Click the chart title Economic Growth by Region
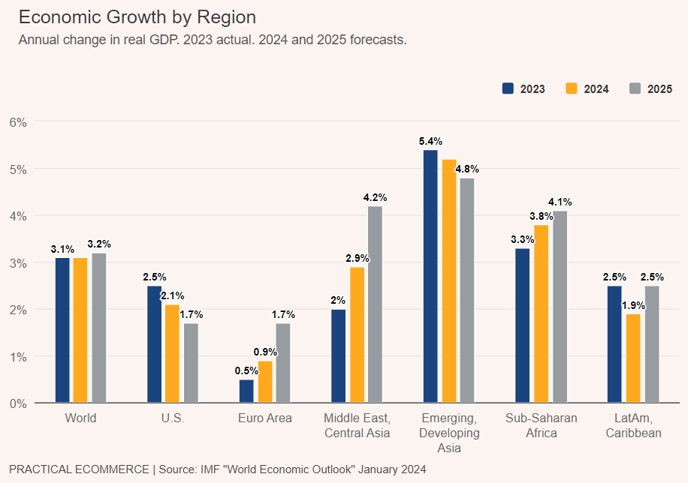(137, 17)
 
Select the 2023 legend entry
(524, 88)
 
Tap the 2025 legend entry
(650, 88)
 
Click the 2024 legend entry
(587, 88)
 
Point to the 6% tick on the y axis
(18, 121)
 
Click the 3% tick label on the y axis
(18, 262)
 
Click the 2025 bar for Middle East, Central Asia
(375, 304)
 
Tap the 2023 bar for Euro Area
(246, 391)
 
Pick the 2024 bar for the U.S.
(173, 353)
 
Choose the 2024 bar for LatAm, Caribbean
(633, 358)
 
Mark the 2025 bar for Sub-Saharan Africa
(560, 307)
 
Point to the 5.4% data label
(430, 141)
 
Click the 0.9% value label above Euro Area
(265, 352)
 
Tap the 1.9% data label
(633, 304)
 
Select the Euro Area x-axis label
(265, 418)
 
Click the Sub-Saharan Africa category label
(541, 425)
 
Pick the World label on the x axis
(80, 418)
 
